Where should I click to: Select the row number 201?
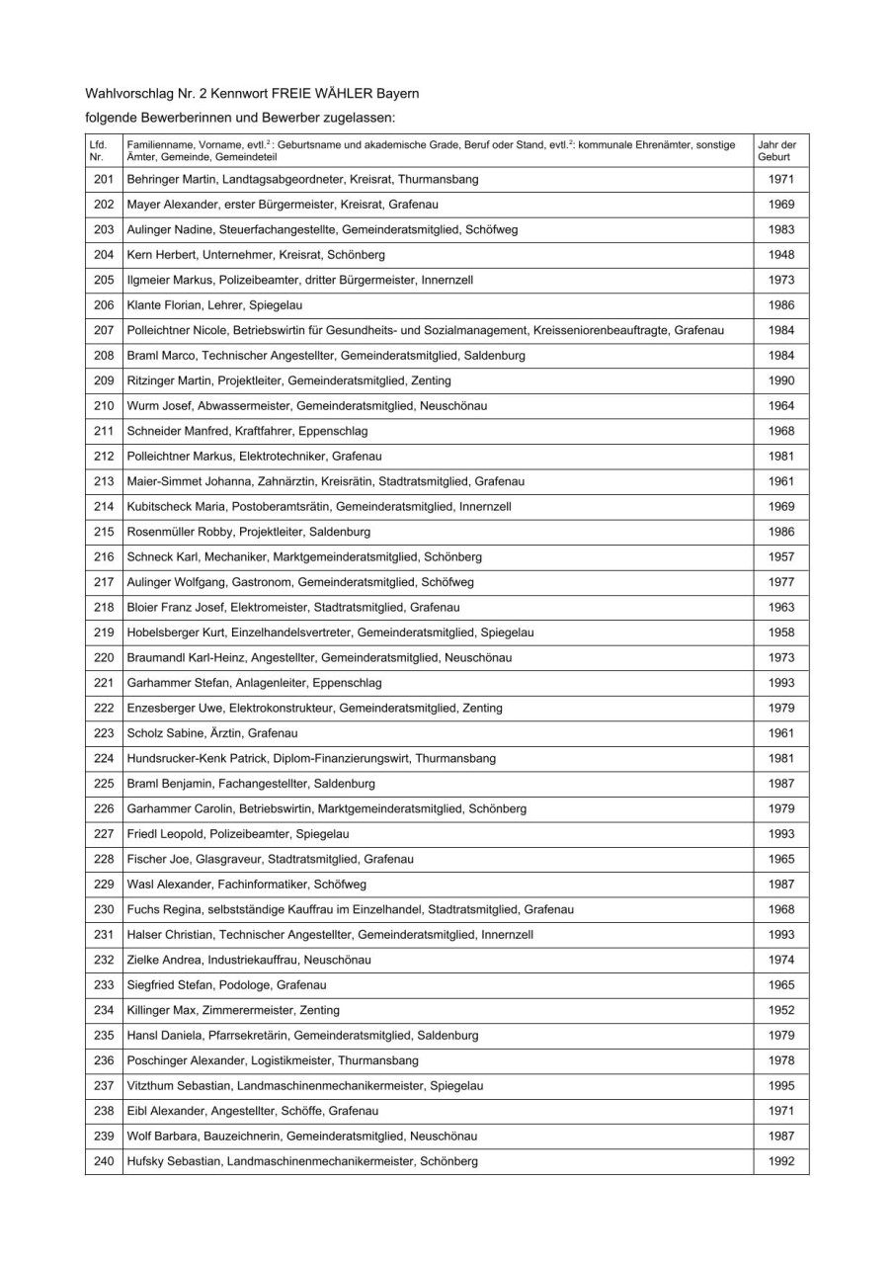pyautogui.click(x=104, y=180)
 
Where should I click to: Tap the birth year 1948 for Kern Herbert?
pyautogui.click(x=780, y=255)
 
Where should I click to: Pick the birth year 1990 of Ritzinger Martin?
pyautogui.click(x=780, y=380)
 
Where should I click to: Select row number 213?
pyautogui.click(x=104, y=481)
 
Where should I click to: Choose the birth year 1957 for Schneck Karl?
pyautogui.click(x=780, y=556)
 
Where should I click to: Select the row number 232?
pyautogui.click(x=104, y=959)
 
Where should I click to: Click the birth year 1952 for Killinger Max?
pyautogui.click(x=780, y=1009)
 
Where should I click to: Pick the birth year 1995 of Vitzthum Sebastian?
pyautogui.click(x=780, y=1085)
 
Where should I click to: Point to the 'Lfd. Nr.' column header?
pyautogui.click(x=97, y=150)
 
